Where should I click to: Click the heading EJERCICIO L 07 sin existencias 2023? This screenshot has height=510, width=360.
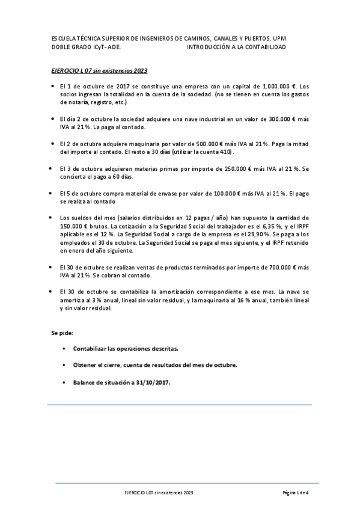tap(99, 71)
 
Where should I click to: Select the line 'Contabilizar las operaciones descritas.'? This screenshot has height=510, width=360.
tap(125, 348)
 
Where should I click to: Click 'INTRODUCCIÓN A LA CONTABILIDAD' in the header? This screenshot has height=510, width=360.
tap(236, 47)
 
